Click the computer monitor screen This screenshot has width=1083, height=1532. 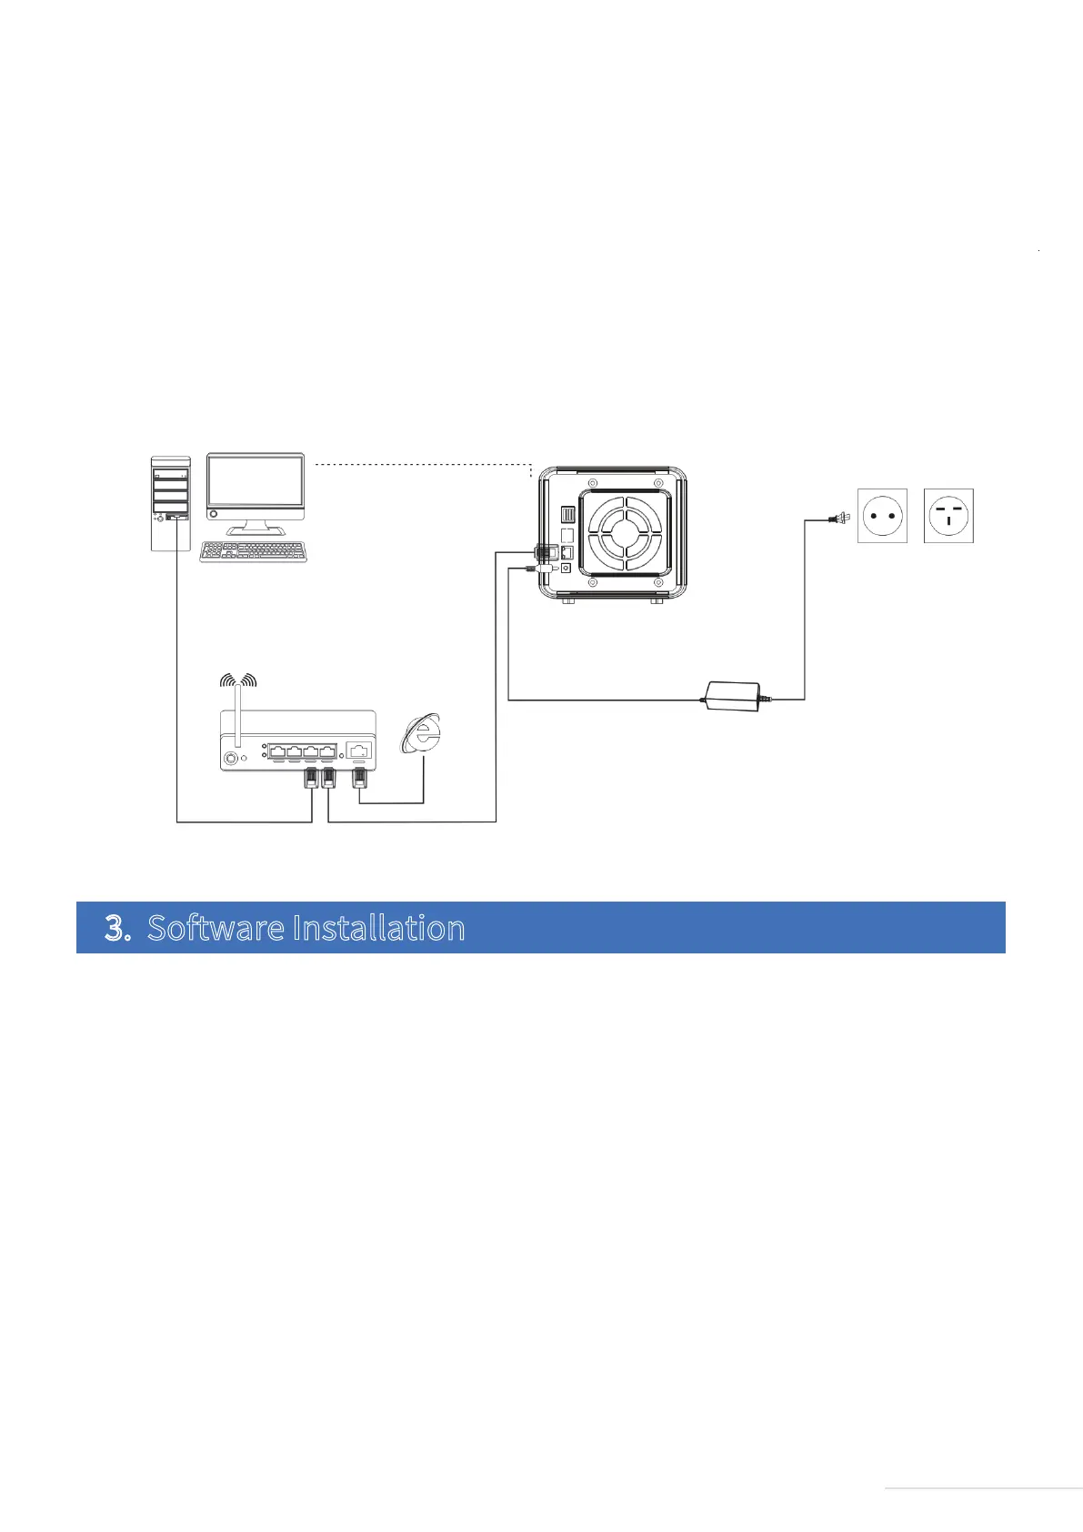point(255,483)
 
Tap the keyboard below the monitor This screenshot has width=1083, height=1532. point(253,551)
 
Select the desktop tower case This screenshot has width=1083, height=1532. point(170,503)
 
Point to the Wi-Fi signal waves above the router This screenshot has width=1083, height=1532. point(238,680)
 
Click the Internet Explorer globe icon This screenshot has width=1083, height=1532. point(422,734)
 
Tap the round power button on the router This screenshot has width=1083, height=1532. point(233,757)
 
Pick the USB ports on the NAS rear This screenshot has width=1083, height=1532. point(568,515)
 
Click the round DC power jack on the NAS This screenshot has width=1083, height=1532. point(567,568)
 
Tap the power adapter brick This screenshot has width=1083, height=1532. point(733,696)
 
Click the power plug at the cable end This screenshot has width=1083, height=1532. point(837,519)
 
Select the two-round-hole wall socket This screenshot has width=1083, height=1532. point(882,516)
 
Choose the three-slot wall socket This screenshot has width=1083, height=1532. point(948,516)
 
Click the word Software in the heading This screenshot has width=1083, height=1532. point(216,928)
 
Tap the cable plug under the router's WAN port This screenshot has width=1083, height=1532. point(360,779)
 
